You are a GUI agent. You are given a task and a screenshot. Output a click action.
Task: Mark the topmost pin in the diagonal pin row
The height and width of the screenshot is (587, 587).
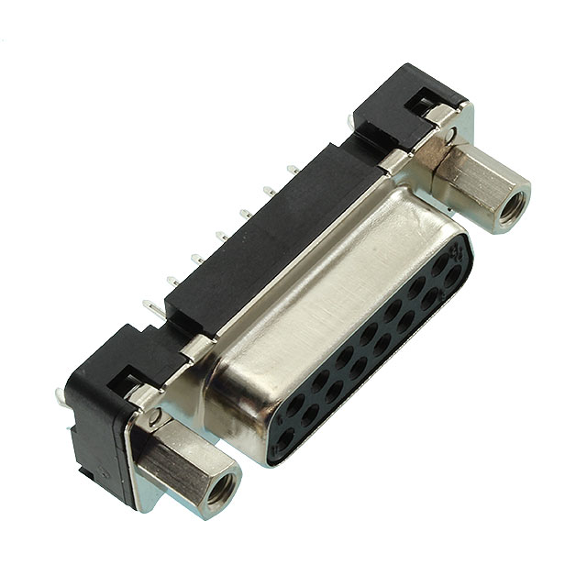[x=292, y=169]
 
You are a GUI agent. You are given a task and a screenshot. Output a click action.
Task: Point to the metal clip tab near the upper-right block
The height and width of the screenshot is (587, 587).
[x=393, y=165]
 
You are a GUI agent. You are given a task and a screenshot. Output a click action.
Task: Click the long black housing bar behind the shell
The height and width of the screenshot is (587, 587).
[x=266, y=238]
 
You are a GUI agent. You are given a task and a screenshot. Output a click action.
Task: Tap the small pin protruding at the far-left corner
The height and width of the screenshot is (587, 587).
[x=61, y=395]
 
